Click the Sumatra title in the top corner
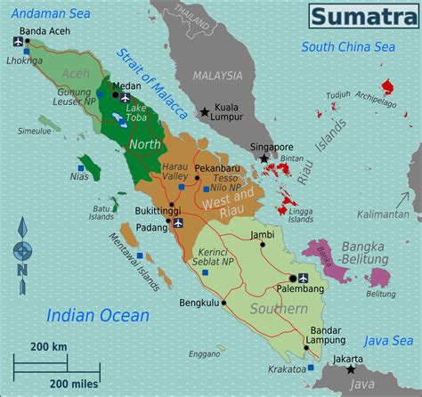(x=360, y=16)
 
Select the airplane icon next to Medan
(x=125, y=98)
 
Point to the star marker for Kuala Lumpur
(x=206, y=112)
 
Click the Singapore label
(x=272, y=147)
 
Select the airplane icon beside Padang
(x=179, y=223)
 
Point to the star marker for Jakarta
(x=352, y=369)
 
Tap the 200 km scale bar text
(x=50, y=345)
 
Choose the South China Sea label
(x=347, y=46)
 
